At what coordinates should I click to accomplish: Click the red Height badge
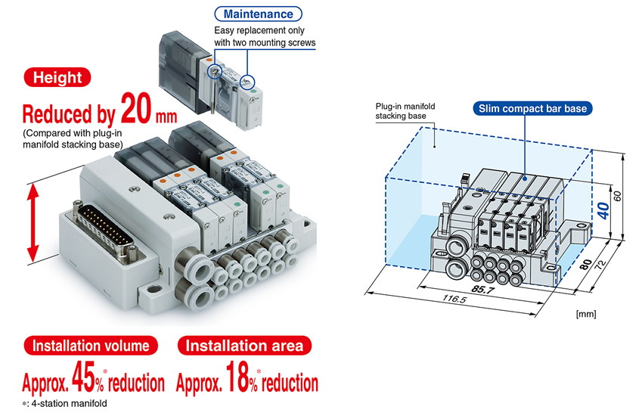57,77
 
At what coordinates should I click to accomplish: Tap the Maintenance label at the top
258,14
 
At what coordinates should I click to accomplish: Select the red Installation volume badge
90,346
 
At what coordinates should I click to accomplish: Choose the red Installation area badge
244,346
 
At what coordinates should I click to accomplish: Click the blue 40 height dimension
602,209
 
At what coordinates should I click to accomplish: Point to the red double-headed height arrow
32,220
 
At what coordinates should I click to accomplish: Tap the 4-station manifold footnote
65,404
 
